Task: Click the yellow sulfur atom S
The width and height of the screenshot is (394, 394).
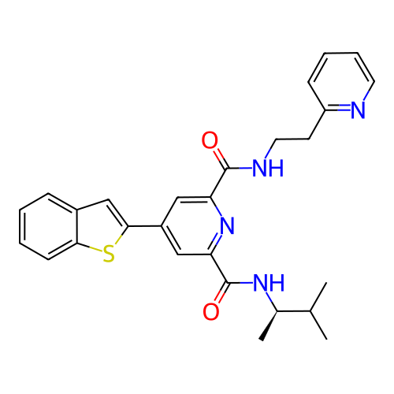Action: [109, 254]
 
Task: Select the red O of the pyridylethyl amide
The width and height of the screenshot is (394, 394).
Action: [210, 140]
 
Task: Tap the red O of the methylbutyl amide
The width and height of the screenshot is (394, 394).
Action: [211, 312]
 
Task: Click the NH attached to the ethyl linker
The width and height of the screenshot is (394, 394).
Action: [268, 168]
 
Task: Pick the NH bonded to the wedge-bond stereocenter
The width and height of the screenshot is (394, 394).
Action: [269, 283]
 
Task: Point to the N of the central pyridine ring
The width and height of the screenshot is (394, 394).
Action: [227, 225]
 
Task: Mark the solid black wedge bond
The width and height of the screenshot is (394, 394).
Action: [269, 326]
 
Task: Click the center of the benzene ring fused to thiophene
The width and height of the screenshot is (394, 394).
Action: [48, 226]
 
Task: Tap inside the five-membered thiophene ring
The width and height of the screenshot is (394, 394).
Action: [101, 226]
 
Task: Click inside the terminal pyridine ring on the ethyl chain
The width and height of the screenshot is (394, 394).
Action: [341, 81]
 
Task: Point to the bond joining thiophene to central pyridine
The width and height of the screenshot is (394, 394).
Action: [144, 226]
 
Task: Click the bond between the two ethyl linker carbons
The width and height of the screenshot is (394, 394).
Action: [292, 139]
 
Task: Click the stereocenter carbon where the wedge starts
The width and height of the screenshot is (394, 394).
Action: [277, 311]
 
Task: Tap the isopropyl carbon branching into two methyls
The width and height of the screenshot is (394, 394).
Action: [310, 311]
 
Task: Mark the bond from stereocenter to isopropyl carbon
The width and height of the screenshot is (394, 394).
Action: [293, 311]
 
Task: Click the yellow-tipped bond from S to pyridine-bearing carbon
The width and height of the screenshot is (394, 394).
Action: [121, 236]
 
